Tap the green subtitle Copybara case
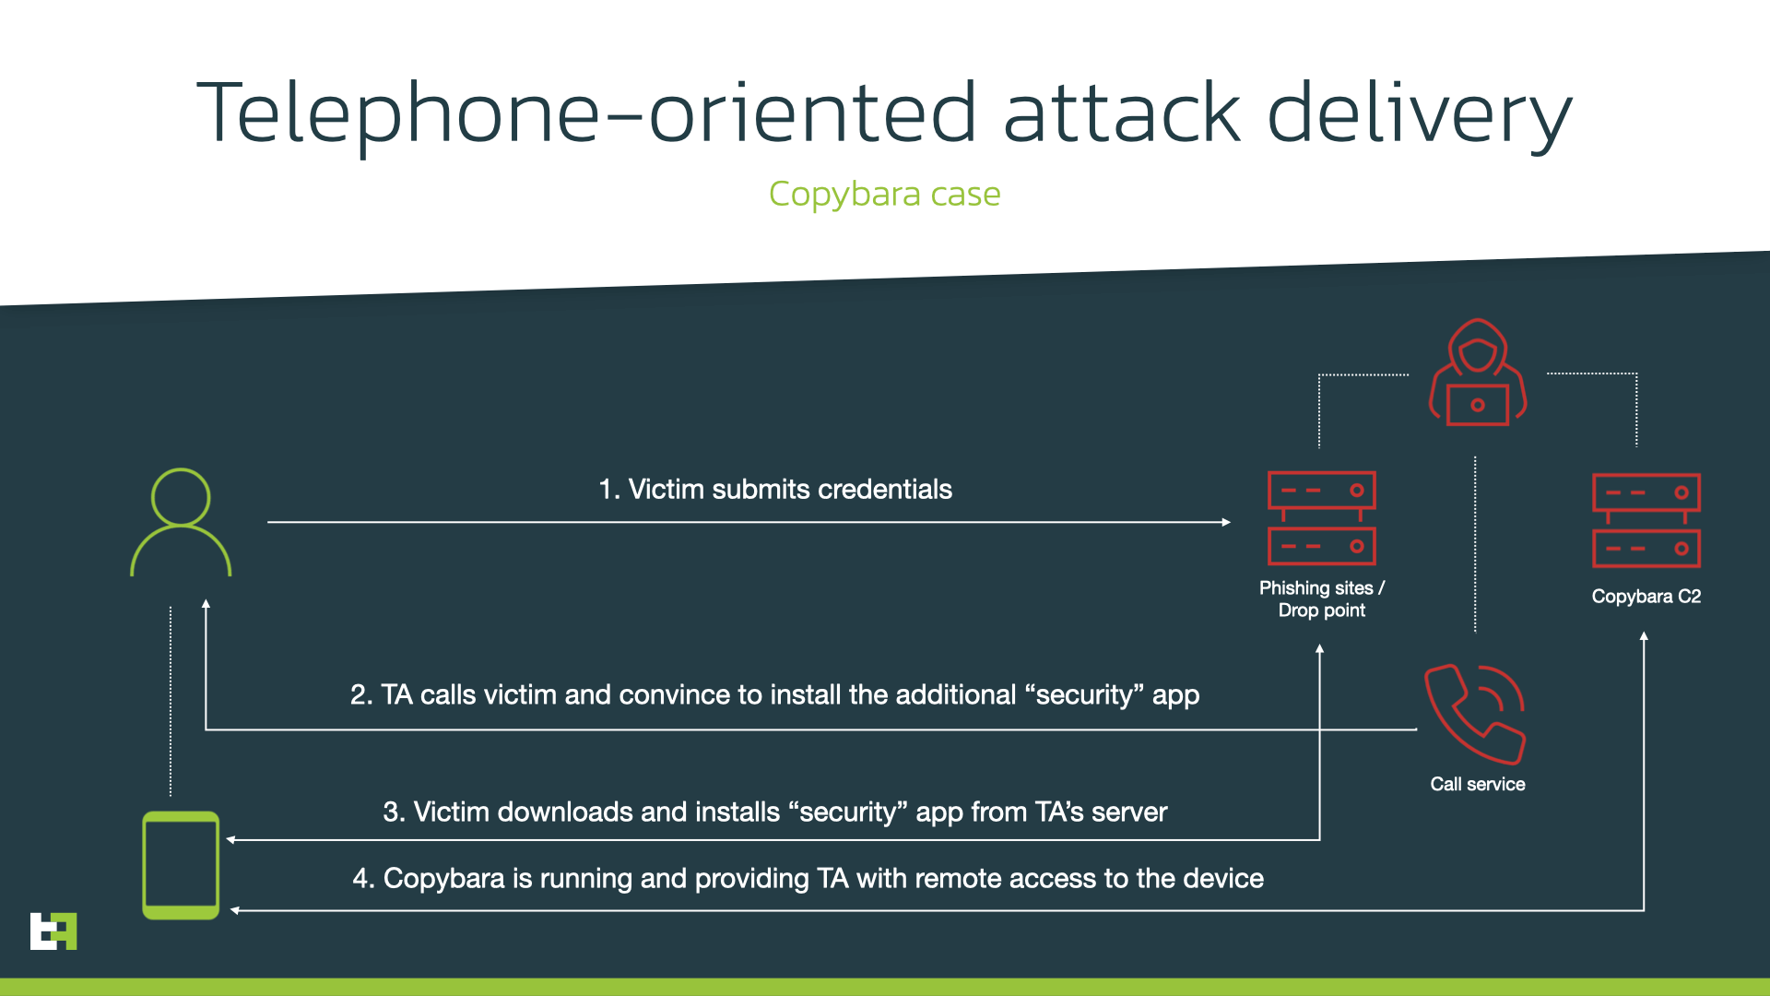pyautogui.click(x=884, y=194)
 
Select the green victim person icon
pyautogui.click(x=181, y=523)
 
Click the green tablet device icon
pyautogui.click(x=181, y=865)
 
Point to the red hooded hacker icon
pyautogui.click(x=1478, y=373)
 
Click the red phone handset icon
pyautogui.click(x=1475, y=714)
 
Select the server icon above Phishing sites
pyautogui.click(x=1322, y=517)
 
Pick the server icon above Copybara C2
pyautogui.click(x=1646, y=520)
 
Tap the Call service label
pyautogui.click(x=1478, y=784)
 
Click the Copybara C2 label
pyautogui.click(x=1646, y=596)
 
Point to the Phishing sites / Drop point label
pyautogui.click(x=1322, y=599)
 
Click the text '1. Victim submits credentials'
pyautogui.click(x=775, y=489)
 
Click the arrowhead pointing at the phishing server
pyautogui.click(x=1226, y=522)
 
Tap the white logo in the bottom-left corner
pyautogui.click(x=53, y=931)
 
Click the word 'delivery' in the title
pyautogui.click(x=1420, y=113)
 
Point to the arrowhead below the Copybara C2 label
pyautogui.click(x=1644, y=636)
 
